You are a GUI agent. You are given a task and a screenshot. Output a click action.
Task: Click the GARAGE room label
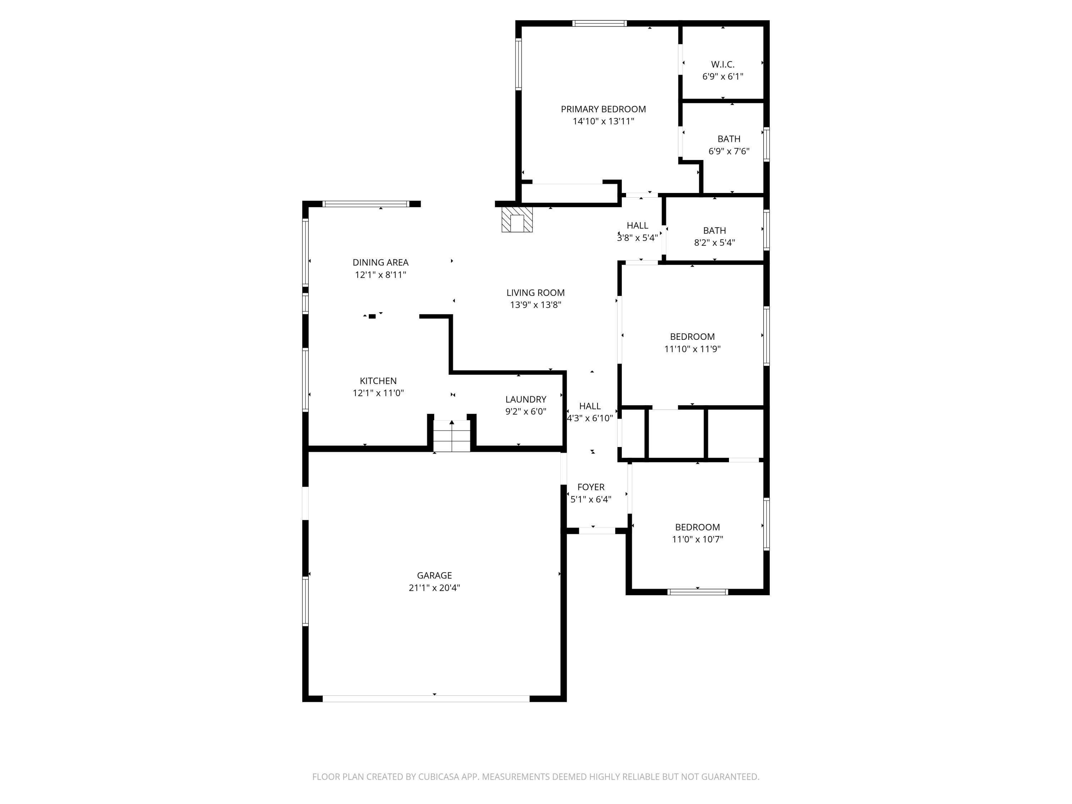[x=434, y=575]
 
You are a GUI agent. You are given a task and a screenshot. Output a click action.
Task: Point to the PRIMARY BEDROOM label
[x=604, y=109]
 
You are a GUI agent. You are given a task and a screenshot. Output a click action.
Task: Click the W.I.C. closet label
[x=723, y=64]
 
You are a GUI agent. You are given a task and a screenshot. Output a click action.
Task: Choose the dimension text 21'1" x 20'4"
[x=434, y=588]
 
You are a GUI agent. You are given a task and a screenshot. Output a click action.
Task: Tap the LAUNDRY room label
[x=526, y=399]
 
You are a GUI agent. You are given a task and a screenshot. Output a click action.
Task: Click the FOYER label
[x=591, y=487]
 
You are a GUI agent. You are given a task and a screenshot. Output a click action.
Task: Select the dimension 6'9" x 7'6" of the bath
[x=729, y=151]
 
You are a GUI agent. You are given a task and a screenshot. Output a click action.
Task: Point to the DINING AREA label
[x=381, y=262]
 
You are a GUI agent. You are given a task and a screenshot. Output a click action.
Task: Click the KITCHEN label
[x=378, y=381]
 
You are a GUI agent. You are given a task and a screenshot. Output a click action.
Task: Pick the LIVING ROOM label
[x=536, y=293]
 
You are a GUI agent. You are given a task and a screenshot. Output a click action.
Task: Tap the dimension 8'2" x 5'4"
[x=714, y=243]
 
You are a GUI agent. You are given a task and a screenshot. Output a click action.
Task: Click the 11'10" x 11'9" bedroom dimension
[x=692, y=349]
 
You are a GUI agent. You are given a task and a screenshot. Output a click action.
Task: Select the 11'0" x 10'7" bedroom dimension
[x=698, y=539]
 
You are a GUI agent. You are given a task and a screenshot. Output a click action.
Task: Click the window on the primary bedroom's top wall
[x=600, y=23]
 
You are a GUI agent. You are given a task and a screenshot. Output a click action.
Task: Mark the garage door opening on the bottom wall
[x=426, y=698]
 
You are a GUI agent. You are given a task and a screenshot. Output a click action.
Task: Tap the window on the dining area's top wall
[x=366, y=204]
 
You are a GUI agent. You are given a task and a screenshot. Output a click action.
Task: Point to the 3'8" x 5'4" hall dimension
[x=637, y=238]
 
